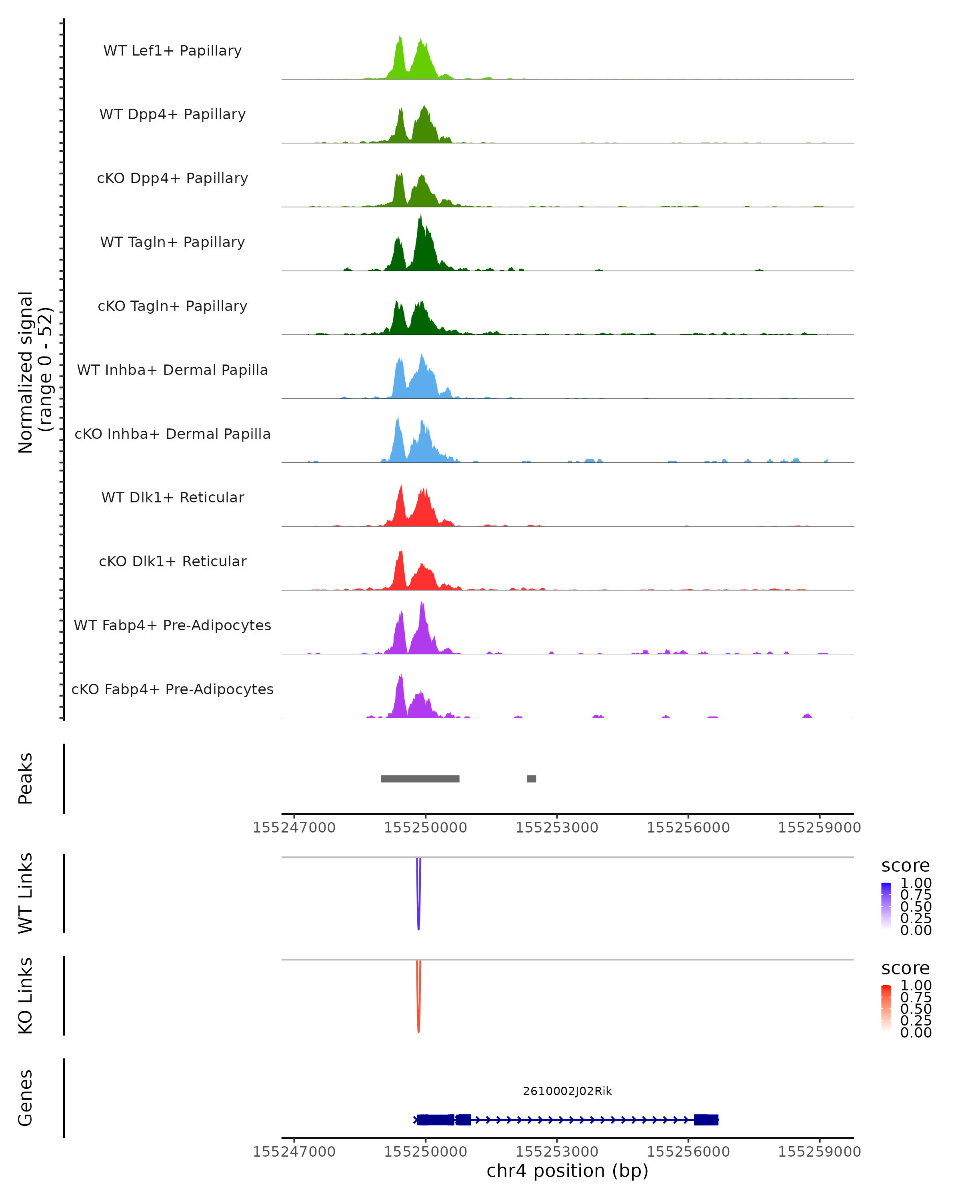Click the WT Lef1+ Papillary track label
click(172, 51)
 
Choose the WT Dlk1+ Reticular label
click(172, 497)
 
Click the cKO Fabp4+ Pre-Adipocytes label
click(172, 689)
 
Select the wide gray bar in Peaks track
click(420, 779)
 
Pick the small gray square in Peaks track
click(532, 779)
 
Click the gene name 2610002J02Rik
click(567, 1091)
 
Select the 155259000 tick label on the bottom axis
click(819, 1152)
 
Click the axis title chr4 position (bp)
click(567, 1171)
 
